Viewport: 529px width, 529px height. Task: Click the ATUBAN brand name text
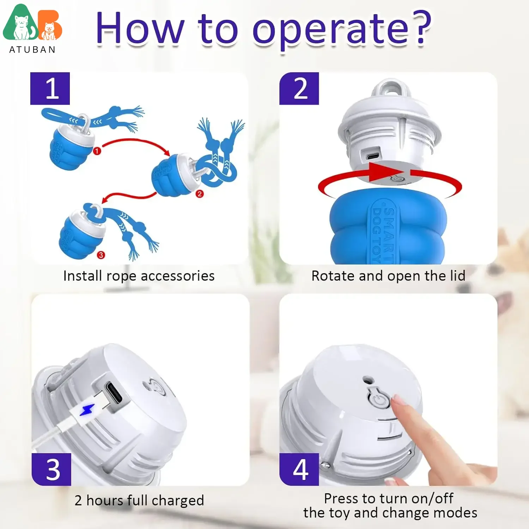pos(32,49)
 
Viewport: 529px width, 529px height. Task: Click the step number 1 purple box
pos(50,89)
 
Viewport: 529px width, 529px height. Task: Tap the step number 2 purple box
pos(299,89)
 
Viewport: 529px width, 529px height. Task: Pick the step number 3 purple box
pos(51,469)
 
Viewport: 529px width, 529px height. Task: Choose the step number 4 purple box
pos(299,469)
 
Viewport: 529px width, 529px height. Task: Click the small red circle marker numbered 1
pos(97,151)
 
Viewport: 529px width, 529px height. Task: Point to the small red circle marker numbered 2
pos(200,194)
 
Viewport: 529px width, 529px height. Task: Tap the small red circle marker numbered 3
pos(101,255)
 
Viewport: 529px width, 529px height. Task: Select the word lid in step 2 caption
pos(457,276)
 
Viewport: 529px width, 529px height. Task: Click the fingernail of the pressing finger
pos(400,400)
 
